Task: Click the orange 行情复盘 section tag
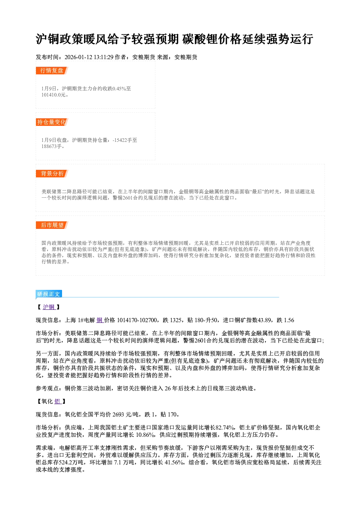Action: (52, 70)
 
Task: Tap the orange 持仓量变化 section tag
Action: (52, 122)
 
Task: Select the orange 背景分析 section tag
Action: (52, 174)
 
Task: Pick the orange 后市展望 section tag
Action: (52, 225)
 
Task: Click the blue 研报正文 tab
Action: (49, 294)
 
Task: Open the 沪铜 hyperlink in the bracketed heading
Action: (49, 307)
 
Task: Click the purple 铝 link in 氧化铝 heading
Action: (57, 402)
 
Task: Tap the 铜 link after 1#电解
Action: (99, 320)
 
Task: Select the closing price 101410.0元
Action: (54, 95)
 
